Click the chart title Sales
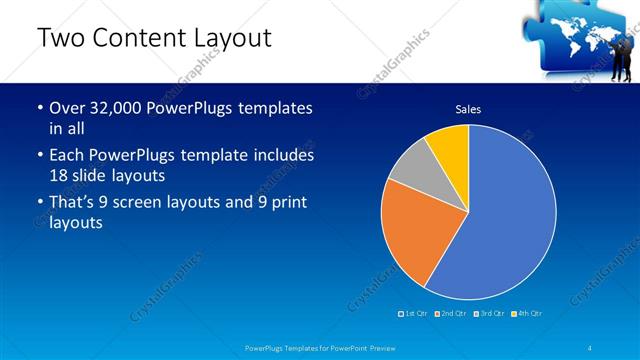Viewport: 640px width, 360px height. [x=468, y=108]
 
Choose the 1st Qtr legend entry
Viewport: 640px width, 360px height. [x=413, y=314]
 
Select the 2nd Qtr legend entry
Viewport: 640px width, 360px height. [x=452, y=314]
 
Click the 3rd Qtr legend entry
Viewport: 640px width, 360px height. [x=490, y=314]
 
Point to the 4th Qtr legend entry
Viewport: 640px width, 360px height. [x=528, y=314]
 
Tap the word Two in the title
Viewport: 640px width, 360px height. [x=60, y=39]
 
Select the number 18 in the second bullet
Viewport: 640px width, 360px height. [x=60, y=177]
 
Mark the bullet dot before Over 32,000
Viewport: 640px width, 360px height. [x=39, y=109]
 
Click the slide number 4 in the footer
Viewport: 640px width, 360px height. [x=591, y=348]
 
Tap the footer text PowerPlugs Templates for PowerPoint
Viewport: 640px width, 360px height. [x=319, y=348]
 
